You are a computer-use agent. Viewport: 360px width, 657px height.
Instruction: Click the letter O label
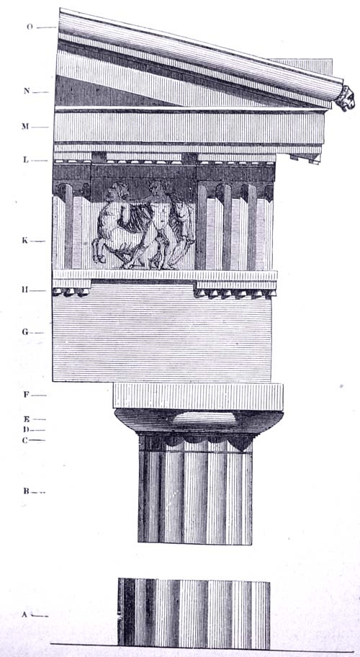click(30, 27)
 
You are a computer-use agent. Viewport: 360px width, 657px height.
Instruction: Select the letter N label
click(27, 91)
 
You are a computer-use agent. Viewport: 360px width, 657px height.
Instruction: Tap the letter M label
click(25, 126)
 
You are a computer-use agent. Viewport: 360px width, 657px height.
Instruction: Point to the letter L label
click(26, 160)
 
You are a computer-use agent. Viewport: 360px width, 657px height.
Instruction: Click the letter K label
click(25, 241)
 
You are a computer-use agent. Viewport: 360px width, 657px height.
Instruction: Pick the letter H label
click(26, 290)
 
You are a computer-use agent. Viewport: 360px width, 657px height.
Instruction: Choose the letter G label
click(25, 332)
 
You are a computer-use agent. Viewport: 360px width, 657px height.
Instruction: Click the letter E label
click(26, 419)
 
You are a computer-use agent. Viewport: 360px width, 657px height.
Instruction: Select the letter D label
click(26, 429)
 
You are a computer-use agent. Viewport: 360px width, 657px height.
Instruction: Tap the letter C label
click(25, 440)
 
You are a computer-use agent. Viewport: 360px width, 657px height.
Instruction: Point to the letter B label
click(26, 491)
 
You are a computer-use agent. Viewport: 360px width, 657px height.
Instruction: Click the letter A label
click(24, 614)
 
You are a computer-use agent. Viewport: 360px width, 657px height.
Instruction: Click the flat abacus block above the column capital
click(198, 396)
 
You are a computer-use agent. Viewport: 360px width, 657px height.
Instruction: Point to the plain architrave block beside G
click(162, 333)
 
